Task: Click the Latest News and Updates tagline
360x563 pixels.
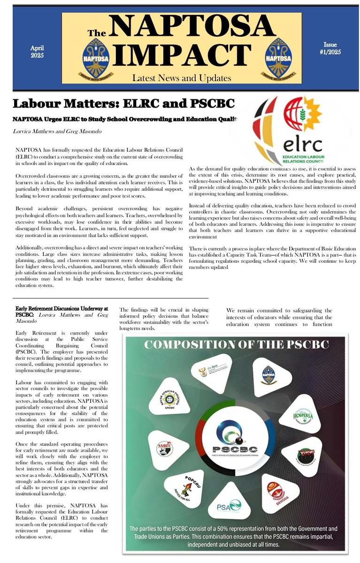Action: click(181, 78)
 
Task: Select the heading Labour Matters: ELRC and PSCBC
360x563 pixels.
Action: click(123, 104)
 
